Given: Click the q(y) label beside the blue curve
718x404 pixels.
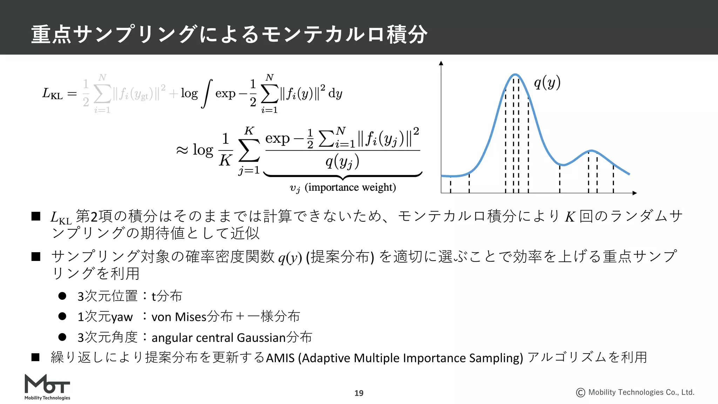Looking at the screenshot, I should click(x=547, y=83).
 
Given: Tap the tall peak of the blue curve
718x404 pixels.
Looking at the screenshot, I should click(x=515, y=75).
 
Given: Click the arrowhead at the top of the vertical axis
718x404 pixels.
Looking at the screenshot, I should click(x=441, y=63).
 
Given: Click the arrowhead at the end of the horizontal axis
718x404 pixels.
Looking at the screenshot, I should click(x=634, y=193).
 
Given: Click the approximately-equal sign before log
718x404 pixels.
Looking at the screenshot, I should click(x=182, y=150).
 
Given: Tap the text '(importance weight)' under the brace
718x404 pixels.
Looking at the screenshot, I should click(x=350, y=187).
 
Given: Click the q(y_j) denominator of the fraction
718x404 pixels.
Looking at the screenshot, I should click(x=342, y=162).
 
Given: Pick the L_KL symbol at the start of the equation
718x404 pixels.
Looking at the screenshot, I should click(x=53, y=94).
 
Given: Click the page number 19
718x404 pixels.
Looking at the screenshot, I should click(x=359, y=393).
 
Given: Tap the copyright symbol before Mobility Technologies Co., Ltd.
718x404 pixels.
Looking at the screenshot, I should click(x=581, y=392).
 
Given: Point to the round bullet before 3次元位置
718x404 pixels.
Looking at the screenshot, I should click(x=62, y=296).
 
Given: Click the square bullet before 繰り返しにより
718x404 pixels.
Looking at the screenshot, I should click(x=36, y=357).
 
